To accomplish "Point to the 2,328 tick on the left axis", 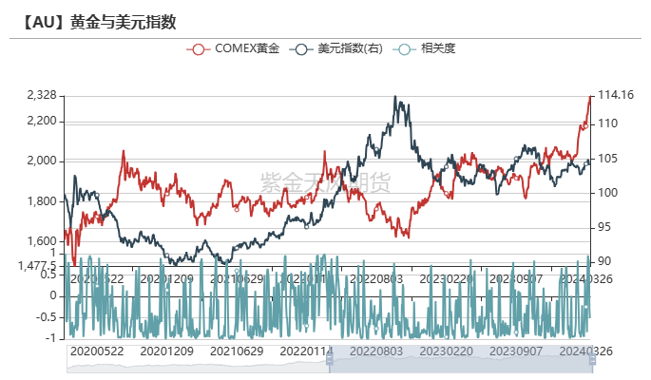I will [43, 96].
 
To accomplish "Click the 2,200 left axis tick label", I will [43, 121].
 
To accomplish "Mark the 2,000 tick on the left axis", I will [43, 161].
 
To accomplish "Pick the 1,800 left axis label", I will [43, 201].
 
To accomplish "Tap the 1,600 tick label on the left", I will [43, 241].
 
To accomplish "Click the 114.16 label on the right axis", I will [615, 95].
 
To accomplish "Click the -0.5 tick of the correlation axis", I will [46, 316].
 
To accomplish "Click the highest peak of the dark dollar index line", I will [395, 97].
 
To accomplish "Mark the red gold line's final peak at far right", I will [590, 96].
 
